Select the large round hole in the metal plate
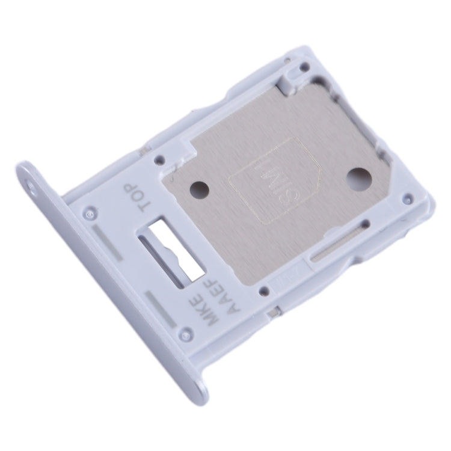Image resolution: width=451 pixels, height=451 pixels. point(361,179)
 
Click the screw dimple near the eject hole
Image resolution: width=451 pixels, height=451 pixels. point(90,213)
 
